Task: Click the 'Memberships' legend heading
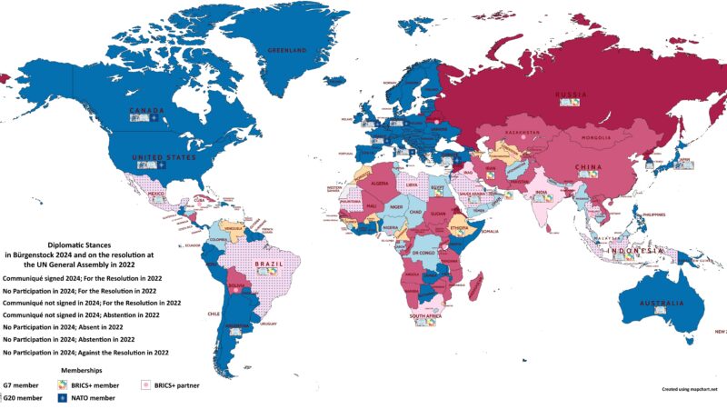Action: click(82, 371)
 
